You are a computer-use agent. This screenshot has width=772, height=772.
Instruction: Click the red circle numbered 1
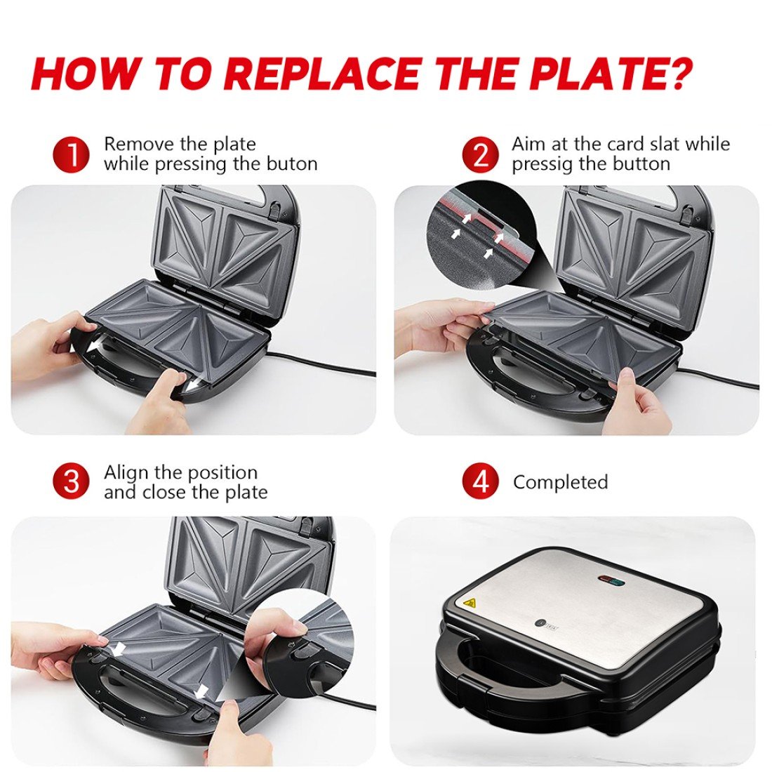pos(72,154)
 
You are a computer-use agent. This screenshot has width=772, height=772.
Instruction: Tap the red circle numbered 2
pos(480,154)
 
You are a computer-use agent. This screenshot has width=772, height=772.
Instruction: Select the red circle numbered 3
pos(72,482)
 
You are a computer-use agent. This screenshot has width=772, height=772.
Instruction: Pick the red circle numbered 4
pos(480,482)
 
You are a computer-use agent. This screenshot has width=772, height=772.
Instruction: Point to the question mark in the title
pos(677,73)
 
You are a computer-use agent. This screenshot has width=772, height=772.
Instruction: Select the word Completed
pos(560,482)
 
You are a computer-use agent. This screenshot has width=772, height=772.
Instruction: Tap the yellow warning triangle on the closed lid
pos(469,603)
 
